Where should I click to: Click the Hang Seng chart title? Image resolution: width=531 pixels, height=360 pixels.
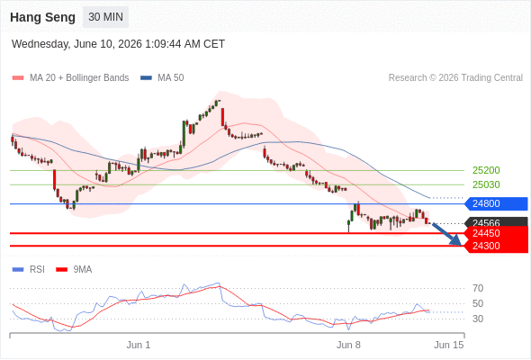pyautogui.click(x=42, y=17)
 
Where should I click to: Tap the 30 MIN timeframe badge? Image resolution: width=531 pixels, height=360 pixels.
pyautogui.click(x=105, y=17)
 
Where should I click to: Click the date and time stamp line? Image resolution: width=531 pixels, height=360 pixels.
pyautogui.click(x=118, y=44)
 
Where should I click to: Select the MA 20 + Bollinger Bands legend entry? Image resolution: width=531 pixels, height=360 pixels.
pyautogui.click(x=70, y=78)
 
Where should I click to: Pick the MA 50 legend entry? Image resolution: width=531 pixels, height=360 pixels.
pyautogui.click(x=162, y=78)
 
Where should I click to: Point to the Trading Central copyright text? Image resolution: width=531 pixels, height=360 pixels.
pyautogui.click(x=455, y=78)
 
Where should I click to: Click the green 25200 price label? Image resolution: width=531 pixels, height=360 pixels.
pyautogui.click(x=486, y=170)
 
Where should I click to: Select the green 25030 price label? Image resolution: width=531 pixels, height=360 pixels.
pyautogui.click(x=486, y=184)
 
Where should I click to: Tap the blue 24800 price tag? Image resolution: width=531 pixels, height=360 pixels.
pyautogui.click(x=496, y=204)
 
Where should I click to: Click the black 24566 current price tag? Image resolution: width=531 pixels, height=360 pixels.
pyautogui.click(x=496, y=222)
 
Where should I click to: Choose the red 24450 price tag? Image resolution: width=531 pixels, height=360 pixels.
pyautogui.click(x=496, y=233)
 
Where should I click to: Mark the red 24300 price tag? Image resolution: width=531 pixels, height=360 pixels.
pyautogui.click(x=496, y=246)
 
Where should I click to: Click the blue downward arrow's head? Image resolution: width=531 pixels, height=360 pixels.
pyautogui.click(x=457, y=241)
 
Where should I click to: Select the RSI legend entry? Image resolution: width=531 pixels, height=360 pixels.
pyautogui.click(x=29, y=270)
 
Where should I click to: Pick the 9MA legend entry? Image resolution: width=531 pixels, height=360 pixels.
pyautogui.click(x=74, y=270)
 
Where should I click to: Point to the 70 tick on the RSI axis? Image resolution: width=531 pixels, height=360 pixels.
pyautogui.click(x=478, y=289)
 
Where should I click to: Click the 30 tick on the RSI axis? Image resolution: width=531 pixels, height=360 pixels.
pyautogui.click(x=478, y=319)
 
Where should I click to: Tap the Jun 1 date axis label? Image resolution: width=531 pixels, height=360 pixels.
pyautogui.click(x=139, y=345)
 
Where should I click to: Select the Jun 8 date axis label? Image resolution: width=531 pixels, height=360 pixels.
pyautogui.click(x=348, y=345)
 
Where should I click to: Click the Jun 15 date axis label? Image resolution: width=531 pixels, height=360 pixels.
pyautogui.click(x=449, y=345)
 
